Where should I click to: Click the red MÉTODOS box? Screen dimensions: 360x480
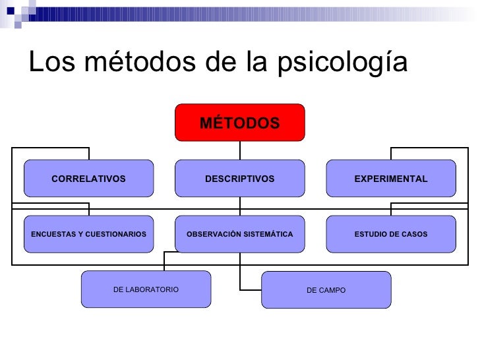[239, 123]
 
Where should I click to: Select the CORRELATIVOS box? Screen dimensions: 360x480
[88, 179]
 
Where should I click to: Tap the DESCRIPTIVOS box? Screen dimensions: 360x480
[239, 179]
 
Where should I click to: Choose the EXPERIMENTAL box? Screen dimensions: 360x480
[390, 179]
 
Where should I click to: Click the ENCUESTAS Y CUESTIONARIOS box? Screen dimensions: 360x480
[88, 234]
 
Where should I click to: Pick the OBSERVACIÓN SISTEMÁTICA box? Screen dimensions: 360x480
[239, 234]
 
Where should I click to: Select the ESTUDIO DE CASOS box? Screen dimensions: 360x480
[390, 234]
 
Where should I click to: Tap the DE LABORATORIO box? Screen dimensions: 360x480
[146, 289]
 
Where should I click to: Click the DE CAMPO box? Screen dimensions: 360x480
[326, 290]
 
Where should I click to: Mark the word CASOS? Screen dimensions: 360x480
[415, 234]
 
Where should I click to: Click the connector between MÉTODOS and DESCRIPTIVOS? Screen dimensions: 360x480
[239, 150]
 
